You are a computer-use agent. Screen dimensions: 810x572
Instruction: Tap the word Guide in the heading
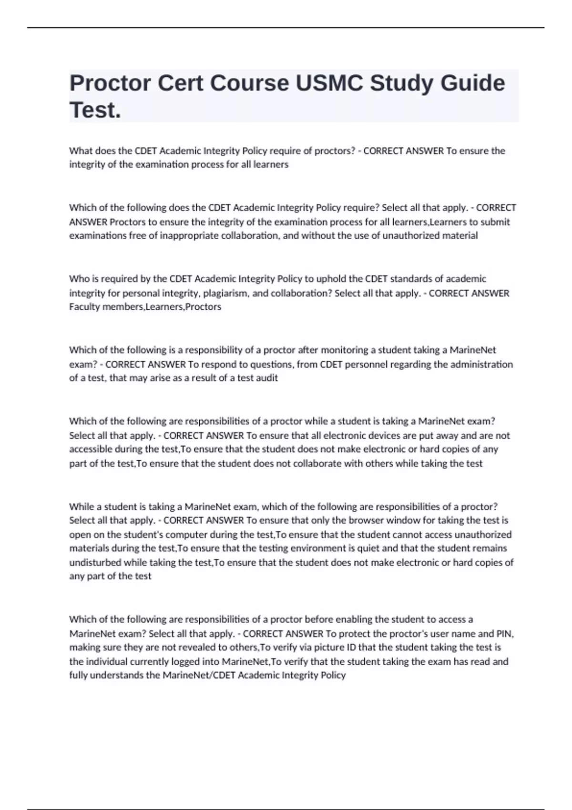472,83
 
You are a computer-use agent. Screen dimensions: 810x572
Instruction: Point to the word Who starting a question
78,279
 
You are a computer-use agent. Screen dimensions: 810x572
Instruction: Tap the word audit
267,378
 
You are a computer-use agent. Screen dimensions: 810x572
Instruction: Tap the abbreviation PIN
505,634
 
